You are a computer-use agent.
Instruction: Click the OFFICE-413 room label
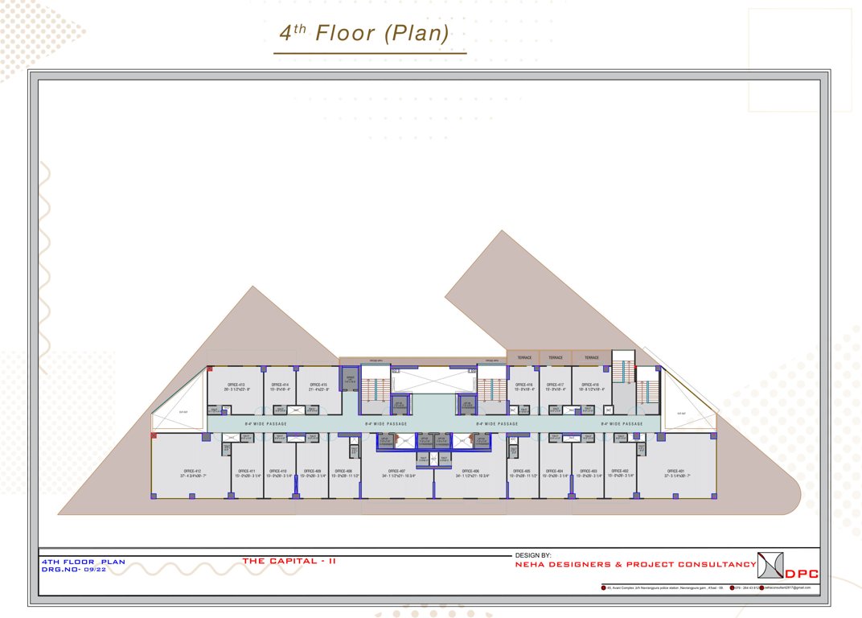[238, 385]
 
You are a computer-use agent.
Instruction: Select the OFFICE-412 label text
[192, 471]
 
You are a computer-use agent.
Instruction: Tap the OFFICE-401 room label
[676, 471]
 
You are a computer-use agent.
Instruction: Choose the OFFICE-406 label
[471, 471]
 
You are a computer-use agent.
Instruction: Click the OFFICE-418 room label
[591, 385]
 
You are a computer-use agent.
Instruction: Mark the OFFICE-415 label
[318, 385]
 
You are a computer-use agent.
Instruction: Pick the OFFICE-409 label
[313, 471]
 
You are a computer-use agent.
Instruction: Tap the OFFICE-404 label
[555, 471]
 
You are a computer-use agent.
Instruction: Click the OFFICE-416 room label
[524, 385]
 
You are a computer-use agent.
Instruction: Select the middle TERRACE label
[556, 357]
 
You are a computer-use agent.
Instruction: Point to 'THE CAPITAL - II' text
[289, 561]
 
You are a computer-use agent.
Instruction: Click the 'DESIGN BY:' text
[533, 555]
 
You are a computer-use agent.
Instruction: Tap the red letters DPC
[802, 574]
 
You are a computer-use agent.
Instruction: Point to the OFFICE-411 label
[247, 471]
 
